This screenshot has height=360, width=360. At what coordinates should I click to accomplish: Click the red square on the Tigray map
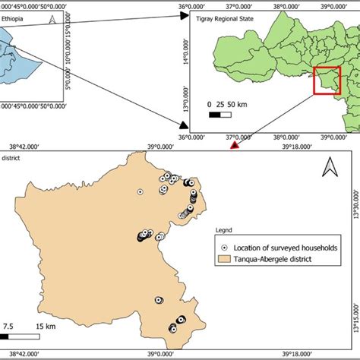point(327,82)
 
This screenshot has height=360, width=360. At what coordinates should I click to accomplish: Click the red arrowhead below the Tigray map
point(235,144)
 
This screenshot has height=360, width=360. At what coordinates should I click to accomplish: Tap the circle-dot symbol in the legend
point(223,248)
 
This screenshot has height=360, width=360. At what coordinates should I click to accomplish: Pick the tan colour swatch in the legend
point(224,260)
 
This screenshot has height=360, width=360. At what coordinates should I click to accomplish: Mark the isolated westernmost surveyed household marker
point(140,192)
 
